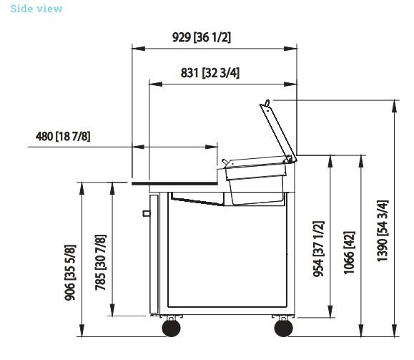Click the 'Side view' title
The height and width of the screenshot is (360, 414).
(x=36, y=9)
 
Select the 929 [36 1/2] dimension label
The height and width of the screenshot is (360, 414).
(x=202, y=37)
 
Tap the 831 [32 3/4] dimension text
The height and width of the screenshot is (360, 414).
(x=210, y=73)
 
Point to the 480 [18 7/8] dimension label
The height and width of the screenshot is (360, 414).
(x=63, y=137)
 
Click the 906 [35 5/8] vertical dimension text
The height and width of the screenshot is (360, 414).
(x=71, y=273)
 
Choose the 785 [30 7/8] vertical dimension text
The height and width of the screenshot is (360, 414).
(x=101, y=263)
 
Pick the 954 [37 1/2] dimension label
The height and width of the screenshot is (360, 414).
(x=318, y=249)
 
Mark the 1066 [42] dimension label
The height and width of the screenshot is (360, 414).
(x=349, y=253)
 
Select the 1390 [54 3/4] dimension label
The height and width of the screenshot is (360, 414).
(x=383, y=231)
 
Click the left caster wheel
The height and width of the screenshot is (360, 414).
(x=172, y=328)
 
